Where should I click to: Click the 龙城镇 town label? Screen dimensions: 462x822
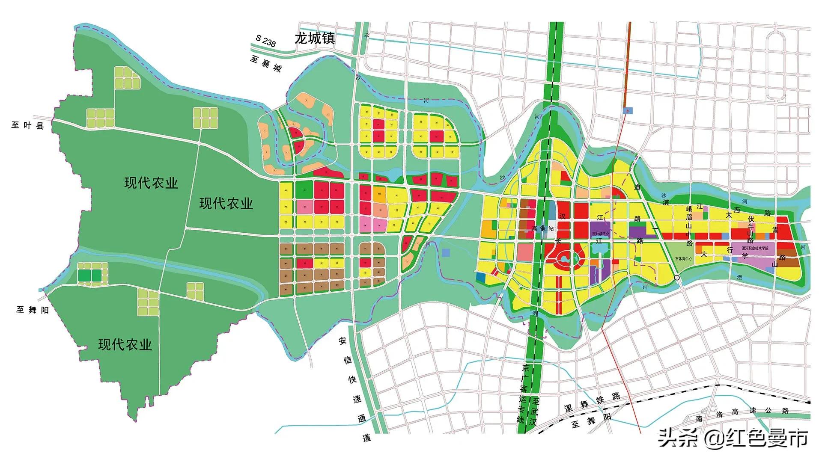(x=314, y=38)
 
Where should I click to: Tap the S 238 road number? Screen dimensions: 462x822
(x=265, y=41)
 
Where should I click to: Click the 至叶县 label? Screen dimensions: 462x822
(x=27, y=125)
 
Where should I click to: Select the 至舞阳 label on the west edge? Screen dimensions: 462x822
(x=33, y=310)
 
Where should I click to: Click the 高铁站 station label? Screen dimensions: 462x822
(x=542, y=228)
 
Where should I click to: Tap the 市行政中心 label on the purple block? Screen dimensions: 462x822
(x=600, y=234)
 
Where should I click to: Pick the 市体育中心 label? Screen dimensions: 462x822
(x=683, y=259)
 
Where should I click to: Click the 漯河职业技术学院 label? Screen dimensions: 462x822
(x=755, y=248)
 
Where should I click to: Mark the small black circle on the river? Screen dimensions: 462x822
(x=677, y=278)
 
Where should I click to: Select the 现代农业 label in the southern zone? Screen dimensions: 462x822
(x=125, y=345)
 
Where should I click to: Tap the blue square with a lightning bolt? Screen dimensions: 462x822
(x=628, y=110)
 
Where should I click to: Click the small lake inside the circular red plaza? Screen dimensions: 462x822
(x=563, y=258)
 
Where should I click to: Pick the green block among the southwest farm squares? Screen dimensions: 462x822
(x=90, y=275)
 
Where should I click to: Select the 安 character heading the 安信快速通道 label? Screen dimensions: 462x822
(x=342, y=341)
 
